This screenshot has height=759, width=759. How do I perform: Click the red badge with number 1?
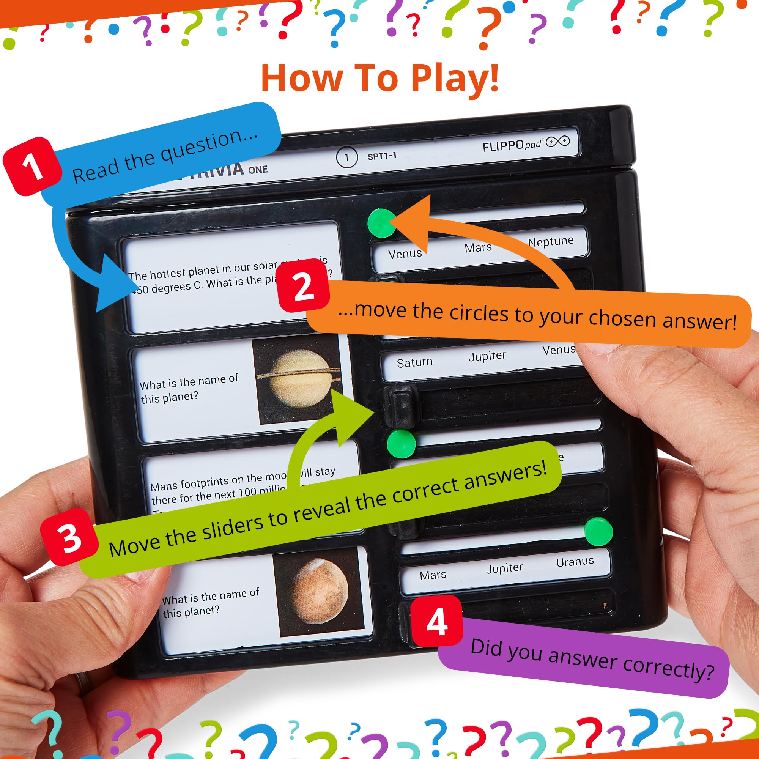pyautogui.click(x=32, y=167)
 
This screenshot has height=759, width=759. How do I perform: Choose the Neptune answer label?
pyautogui.click(x=550, y=242)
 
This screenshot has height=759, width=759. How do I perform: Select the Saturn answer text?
pyautogui.click(x=414, y=362)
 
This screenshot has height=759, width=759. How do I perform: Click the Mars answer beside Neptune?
pyautogui.click(x=478, y=248)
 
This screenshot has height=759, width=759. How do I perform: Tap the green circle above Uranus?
pyautogui.click(x=598, y=532)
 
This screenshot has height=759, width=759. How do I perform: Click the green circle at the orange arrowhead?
pyautogui.click(x=381, y=223)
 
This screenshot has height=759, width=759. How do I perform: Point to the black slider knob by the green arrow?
pyautogui.click(x=401, y=406)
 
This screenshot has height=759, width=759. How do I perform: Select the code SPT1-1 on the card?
pyautogui.click(x=382, y=156)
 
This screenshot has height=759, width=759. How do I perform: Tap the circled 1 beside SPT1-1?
pyautogui.click(x=346, y=157)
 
